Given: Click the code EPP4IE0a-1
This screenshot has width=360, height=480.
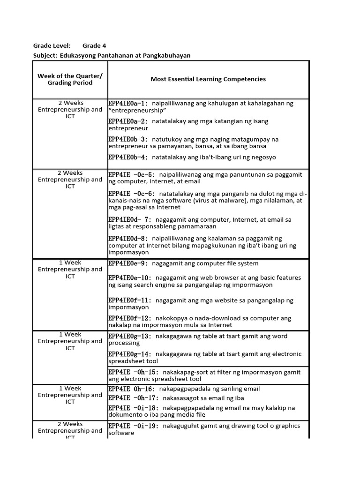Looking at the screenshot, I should pyautogui.click(x=128, y=104).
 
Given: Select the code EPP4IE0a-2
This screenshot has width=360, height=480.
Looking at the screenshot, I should pyautogui.click(x=128, y=121).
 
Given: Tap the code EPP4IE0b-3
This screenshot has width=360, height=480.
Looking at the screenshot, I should pyautogui.click(x=128, y=139).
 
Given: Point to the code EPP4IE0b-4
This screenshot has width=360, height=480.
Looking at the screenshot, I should pyautogui.click(x=128, y=157).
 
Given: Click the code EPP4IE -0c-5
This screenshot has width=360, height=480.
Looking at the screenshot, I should pyautogui.click(x=131, y=175).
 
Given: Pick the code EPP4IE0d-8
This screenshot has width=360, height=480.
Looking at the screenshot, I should pyautogui.click(x=128, y=239).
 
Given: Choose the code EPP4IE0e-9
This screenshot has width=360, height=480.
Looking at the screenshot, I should pyautogui.click(x=128, y=263).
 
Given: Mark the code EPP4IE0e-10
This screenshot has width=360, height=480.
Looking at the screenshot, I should pyautogui.click(x=130, y=278).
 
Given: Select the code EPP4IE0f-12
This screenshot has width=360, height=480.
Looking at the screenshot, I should pyautogui.click(x=130, y=318).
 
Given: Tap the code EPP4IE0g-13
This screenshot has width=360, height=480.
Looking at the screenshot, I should pyautogui.click(x=130, y=336).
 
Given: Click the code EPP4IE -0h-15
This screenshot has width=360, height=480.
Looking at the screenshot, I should pyautogui.click(x=133, y=372).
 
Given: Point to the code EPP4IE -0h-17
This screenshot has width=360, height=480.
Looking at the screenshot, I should pyautogui.click(x=133, y=398).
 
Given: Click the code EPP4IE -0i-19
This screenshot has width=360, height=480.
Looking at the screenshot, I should pyautogui.click(x=133, y=426).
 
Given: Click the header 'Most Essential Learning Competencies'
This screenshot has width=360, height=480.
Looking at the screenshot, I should pyautogui.click(x=208, y=79).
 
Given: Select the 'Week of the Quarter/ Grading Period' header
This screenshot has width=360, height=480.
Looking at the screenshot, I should pyautogui.click(x=70, y=79).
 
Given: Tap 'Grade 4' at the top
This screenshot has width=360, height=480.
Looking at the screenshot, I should pyautogui.click(x=94, y=45).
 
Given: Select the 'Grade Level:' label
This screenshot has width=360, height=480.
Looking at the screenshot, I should pyautogui.click(x=52, y=45).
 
